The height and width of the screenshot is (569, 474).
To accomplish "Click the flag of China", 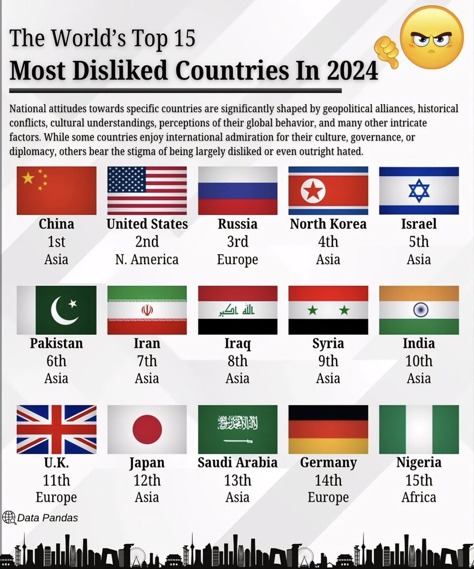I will point(56,191).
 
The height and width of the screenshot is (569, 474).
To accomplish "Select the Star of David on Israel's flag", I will point(419,191).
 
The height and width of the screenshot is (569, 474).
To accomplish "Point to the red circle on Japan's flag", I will point(147,429).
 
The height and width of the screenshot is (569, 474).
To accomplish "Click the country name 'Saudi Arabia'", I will point(238,463).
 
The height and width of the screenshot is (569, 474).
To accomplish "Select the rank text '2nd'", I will point(147,242).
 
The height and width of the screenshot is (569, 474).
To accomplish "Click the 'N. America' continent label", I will point(147,259).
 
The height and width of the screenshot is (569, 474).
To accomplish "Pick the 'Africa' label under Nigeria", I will point(419,497).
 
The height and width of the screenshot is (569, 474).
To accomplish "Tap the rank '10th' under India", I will point(419,361).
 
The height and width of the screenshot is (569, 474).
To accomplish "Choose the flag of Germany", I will point(328,429).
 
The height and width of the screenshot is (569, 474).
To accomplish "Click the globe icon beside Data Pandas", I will point(9,517).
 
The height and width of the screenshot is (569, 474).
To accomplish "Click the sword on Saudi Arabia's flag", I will point(238,440).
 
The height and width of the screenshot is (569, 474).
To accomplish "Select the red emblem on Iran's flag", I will point(147,311).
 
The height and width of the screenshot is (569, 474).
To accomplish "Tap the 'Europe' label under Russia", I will point(238,259).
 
